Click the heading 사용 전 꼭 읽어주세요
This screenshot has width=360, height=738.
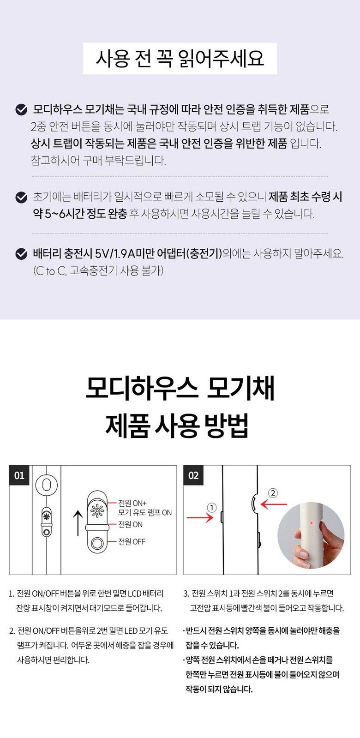[x=180, y=59]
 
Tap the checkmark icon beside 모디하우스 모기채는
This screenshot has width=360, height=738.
[x=21, y=110]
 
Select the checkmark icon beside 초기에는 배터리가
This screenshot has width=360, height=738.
[x=21, y=198]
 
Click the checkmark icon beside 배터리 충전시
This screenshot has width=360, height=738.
[x=21, y=254]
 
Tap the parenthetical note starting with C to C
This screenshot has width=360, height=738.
[x=98, y=271]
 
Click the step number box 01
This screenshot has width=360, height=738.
[x=19, y=475]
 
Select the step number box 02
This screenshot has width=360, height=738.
[x=193, y=475]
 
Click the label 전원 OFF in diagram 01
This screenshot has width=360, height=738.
[x=132, y=542]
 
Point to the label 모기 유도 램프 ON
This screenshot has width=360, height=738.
[x=145, y=513]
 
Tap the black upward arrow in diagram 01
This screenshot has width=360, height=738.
[x=78, y=523]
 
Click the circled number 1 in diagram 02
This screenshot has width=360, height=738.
[x=212, y=508]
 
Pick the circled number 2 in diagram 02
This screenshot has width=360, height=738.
[x=273, y=493]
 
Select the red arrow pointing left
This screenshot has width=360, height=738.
[x=274, y=504]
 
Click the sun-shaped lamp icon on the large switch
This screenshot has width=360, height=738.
[x=97, y=510]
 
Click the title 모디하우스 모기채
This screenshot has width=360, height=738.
[x=180, y=387]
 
